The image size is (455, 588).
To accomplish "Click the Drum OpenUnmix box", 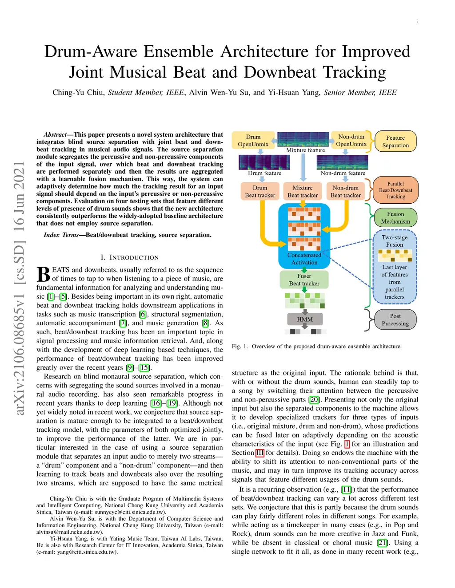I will pos(253,140).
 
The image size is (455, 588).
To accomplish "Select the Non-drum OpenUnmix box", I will pos(351,140).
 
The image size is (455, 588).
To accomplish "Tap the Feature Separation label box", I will pos(395,142).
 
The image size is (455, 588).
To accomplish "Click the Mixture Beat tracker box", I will pos(303,191).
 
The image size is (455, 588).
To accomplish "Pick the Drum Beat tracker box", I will pos(260,191).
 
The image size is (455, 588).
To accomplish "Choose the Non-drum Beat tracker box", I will pos(345,191).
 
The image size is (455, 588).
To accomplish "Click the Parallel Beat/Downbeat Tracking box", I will pos(395,190).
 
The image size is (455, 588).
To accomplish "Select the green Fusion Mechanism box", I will pos(395,217).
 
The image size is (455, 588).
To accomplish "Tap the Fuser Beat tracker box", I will pos(304,280).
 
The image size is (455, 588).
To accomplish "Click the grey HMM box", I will pos(305,319).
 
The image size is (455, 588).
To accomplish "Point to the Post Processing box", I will pos(395,320).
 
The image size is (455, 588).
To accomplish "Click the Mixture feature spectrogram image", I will pos(303,139).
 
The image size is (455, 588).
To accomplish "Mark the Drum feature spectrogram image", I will pos(264,162).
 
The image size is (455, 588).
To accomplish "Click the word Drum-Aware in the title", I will pos(91,52).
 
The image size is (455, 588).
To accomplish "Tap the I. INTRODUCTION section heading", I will pos(129,257).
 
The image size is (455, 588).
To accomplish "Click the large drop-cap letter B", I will pos(43,274).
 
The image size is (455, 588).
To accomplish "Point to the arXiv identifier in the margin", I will pos(19,288).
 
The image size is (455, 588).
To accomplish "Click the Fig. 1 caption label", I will pos(239,346).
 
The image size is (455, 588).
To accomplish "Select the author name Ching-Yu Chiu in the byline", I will pos(78,92).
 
